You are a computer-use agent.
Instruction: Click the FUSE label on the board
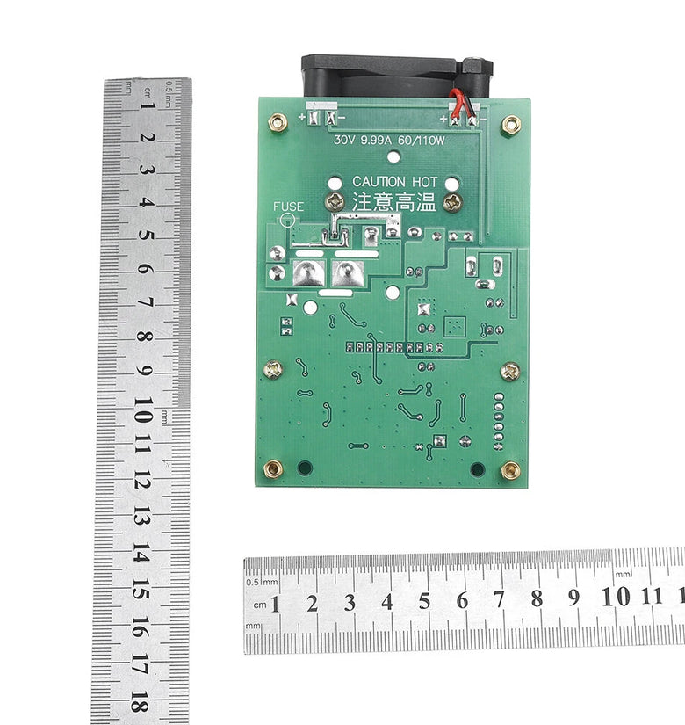[x=288, y=207]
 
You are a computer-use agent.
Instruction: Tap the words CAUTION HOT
[x=394, y=182]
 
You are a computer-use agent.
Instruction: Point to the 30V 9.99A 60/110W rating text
[x=389, y=140]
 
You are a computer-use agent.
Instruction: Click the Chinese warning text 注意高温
[x=394, y=201]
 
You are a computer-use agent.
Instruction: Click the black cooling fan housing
[x=397, y=76]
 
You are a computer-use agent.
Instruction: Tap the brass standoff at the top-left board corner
[x=278, y=122]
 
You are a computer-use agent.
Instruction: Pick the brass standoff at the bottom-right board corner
[x=511, y=470]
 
